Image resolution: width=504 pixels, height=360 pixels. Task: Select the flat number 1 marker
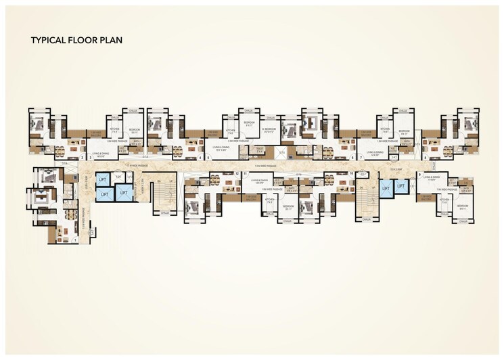(x=75, y=240)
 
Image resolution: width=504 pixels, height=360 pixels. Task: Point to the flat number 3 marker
(x=90, y=157)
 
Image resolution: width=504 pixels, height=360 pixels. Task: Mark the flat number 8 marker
(x=425, y=157)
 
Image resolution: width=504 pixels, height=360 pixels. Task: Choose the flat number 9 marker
(x=419, y=174)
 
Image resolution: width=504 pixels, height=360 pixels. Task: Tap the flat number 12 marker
(x=237, y=174)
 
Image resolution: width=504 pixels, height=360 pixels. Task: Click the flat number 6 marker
(x=352, y=157)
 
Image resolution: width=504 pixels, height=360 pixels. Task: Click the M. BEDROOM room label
(x=269, y=130)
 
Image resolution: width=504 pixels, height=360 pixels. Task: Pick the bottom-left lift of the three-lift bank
(x=104, y=194)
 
